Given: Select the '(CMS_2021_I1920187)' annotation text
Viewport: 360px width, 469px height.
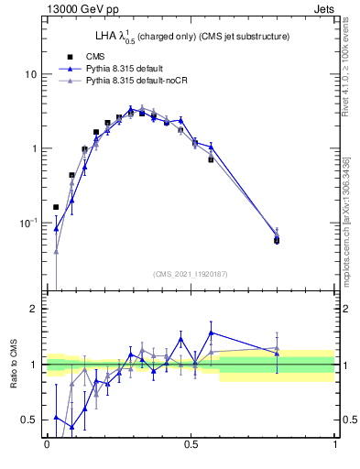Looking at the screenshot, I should pyautogui.click(x=191, y=273).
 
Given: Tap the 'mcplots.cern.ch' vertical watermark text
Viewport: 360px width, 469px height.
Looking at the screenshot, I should pyautogui.click(x=352, y=229).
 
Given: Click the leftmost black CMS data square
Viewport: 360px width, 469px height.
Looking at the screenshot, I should pyautogui.click(x=56, y=207).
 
